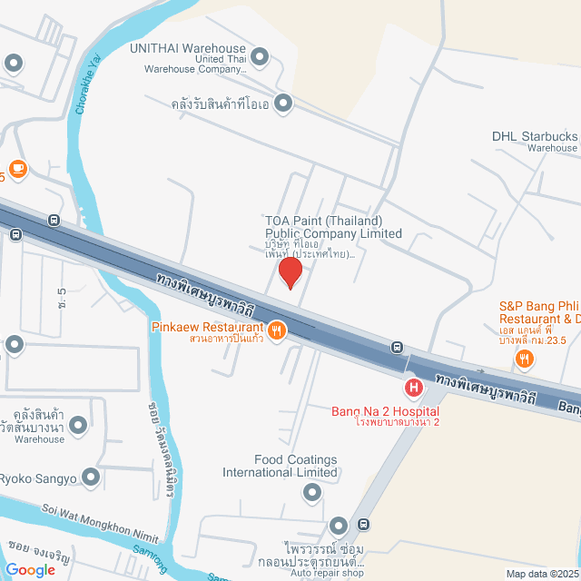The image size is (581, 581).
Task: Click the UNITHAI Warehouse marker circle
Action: tap(260, 57)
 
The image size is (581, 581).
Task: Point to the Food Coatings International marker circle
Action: tap(312, 492)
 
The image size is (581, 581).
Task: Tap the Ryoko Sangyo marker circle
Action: tap(91, 477)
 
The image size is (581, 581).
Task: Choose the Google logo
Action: tap(30, 569)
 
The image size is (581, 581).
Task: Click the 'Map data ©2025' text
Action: tap(542, 574)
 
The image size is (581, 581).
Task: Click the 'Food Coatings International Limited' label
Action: tap(282, 466)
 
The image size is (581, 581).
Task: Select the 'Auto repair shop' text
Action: tap(327, 574)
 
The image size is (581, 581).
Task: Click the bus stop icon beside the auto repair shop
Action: tap(364, 524)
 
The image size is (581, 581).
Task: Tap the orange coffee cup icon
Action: tap(18, 168)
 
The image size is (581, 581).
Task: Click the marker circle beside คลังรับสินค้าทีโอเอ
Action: tap(283, 103)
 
